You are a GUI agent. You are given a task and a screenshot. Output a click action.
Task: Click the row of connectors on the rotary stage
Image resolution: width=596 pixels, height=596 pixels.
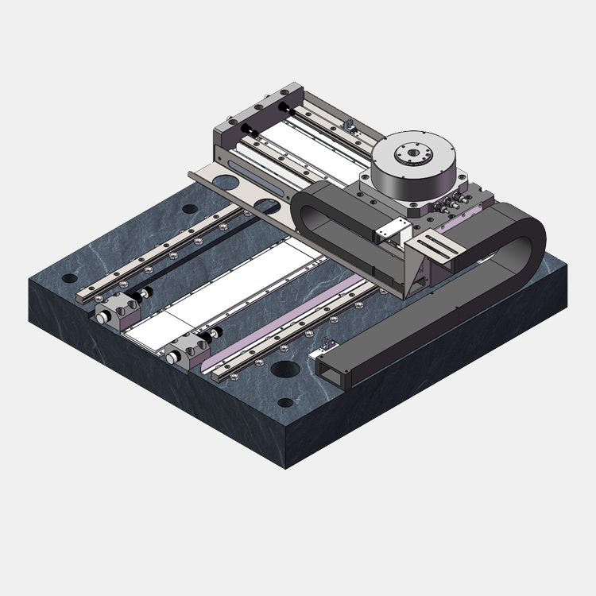click(453, 203)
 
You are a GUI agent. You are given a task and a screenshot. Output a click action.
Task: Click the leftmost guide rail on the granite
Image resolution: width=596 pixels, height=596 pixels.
click(159, 253)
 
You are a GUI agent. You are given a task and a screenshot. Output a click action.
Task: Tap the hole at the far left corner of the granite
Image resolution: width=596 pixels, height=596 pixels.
click(67, 279)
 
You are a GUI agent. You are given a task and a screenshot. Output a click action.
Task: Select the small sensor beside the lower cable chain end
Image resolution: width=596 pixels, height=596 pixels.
click(327, 343)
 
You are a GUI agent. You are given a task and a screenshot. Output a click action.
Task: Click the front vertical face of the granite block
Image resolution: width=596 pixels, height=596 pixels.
click(159, 381)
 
